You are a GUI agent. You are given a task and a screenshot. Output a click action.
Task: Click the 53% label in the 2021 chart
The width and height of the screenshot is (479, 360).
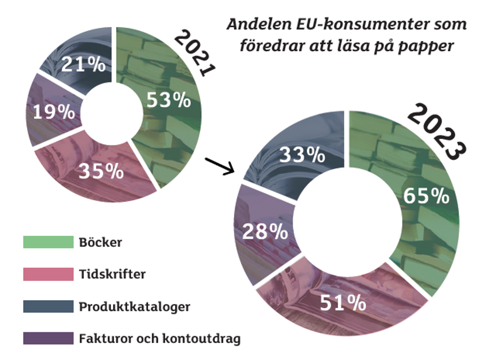(169, 100)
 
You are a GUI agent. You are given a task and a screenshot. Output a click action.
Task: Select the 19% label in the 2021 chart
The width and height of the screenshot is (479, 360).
(54, 112)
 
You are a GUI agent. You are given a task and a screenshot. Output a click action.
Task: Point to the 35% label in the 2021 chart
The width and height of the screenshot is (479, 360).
(101, 171)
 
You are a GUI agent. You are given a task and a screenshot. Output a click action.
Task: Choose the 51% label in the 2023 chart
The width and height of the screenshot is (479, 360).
(343, 303)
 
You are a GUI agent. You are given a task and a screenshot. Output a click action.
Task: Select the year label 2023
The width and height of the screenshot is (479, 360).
(437, 131)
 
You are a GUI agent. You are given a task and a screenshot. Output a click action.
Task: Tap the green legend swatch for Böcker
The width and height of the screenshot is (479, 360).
(48, 242)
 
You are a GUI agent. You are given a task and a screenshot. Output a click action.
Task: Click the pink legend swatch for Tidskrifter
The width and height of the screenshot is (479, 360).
(48, 274)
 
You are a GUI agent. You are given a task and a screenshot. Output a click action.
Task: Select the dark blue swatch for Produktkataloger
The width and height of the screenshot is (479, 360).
(48, 307)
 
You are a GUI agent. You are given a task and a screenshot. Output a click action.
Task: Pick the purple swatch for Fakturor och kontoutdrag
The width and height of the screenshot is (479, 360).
(48, 338)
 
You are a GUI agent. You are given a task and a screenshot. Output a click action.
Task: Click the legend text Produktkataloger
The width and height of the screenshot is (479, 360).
(134, 307)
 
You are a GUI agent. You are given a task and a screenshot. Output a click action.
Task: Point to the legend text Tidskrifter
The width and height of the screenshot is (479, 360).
(112, 274)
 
